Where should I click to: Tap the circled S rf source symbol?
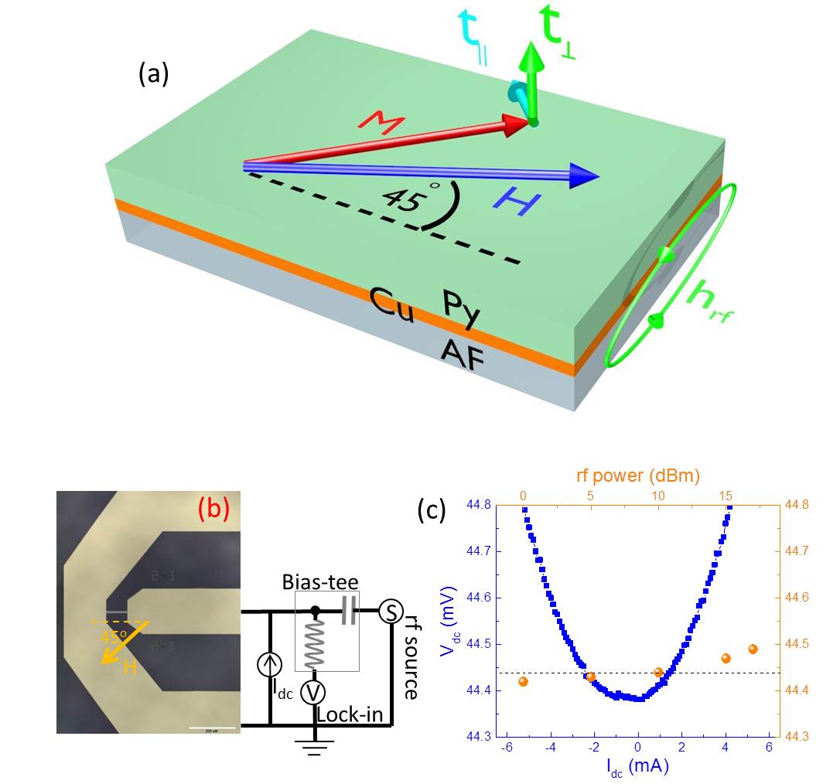tap(389, 613)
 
